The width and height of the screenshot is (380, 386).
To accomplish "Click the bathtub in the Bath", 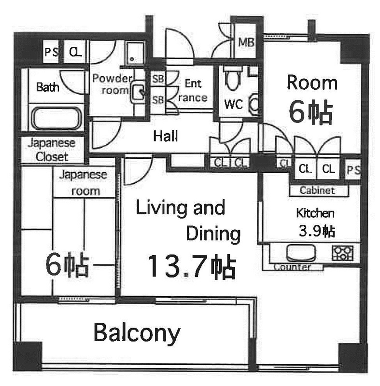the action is tap(56, 118).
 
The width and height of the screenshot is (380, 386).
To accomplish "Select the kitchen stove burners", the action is tap(342, 253).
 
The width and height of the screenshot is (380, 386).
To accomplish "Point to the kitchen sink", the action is tap(301, 252).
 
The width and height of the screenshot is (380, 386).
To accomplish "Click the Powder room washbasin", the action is tap(138, 92).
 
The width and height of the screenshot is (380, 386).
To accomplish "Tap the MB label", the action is tap(246, 42).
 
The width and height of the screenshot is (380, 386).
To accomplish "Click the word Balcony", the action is tap(137, 333).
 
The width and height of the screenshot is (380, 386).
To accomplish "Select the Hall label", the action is tap(165, 136).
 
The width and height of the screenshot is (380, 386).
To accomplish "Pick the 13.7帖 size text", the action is tap(191, 267).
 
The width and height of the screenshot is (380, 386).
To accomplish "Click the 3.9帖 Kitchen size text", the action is tap(317, 231).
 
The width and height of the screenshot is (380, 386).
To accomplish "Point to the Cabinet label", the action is tap(317, 190).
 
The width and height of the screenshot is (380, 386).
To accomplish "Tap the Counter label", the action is tap(292, 267).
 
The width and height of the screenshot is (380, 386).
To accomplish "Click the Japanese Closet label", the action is tap(52, 150).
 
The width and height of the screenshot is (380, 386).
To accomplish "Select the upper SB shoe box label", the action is tap(158, 79).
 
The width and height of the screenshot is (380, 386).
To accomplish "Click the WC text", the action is tap(234, 104).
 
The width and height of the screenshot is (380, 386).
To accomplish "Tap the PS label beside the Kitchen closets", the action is tap(353, 170).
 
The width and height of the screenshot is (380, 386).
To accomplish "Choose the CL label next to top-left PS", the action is tap(75, 52).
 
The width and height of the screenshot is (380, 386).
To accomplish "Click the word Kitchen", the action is tap(315, 213).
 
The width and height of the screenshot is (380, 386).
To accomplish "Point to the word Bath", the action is tap(47, 87).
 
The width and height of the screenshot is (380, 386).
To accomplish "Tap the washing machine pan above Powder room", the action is tap(134, 53).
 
